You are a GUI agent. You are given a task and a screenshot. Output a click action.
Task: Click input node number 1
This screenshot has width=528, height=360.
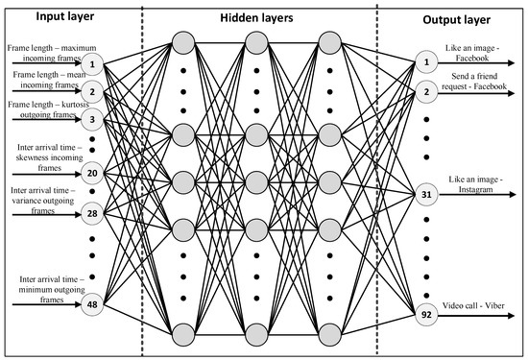click(x=91, y=63)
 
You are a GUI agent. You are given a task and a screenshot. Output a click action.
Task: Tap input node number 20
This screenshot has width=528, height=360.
click(x=91, y=174)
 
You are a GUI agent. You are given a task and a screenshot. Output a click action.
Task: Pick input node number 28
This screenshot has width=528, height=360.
click(x=91, y=210)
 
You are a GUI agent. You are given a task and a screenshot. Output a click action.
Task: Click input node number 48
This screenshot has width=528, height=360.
click(x=91, y=306)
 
